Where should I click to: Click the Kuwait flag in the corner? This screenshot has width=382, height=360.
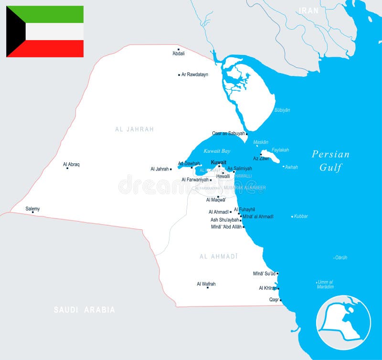45,32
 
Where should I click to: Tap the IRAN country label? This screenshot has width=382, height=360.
308,10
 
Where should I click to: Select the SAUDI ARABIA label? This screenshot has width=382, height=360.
85,310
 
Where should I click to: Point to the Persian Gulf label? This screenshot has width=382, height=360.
330,160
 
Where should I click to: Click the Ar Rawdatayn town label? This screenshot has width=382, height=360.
195,74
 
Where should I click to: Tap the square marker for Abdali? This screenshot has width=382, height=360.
179,49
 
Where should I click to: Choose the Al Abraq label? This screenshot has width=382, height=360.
72,164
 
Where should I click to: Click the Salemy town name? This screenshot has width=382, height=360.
33,209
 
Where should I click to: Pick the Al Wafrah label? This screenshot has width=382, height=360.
206,284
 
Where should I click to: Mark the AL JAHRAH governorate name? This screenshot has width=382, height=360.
135,129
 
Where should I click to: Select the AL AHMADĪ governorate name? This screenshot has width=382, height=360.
219,256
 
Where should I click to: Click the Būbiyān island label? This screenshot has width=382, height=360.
282,110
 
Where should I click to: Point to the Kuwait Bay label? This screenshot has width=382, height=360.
217,151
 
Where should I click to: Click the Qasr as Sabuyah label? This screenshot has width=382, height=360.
228,133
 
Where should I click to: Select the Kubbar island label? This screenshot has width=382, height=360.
301,216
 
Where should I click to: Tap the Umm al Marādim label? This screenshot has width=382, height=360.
325,284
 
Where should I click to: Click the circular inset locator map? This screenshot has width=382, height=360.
343,323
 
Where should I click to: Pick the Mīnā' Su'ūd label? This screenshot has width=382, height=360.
264,274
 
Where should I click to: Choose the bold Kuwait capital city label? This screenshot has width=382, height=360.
219,162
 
